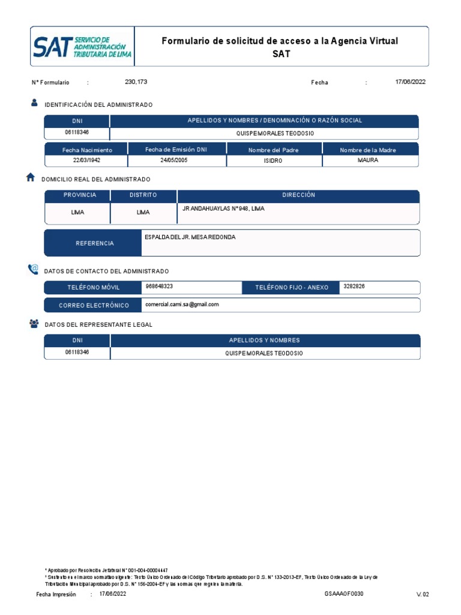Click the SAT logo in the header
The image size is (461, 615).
tap(82, 46)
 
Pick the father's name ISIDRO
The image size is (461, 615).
tap(273, 161)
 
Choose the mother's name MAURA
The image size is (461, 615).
tap(367, 160)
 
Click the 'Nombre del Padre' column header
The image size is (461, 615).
tap(273, 150)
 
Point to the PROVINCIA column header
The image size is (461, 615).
tap(80, 195)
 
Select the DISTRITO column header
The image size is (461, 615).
tap(143, 195)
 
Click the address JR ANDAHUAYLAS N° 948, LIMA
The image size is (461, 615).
tap(223, 208)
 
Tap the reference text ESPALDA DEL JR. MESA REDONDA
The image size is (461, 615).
tap(190, 237)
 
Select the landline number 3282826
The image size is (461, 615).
tap(354, 286)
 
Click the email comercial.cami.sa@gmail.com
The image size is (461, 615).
tap(182, 304)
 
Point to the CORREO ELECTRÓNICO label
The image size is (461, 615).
tap(94, 306)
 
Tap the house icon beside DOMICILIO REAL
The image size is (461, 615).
tap(31, 177)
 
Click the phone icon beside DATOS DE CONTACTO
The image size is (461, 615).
tap(33, 270)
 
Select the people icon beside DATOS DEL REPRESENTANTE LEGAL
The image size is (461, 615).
tap(34, 324)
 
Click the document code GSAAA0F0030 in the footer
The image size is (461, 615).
tap(344, 593)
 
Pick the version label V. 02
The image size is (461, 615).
tap(423, 594)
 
